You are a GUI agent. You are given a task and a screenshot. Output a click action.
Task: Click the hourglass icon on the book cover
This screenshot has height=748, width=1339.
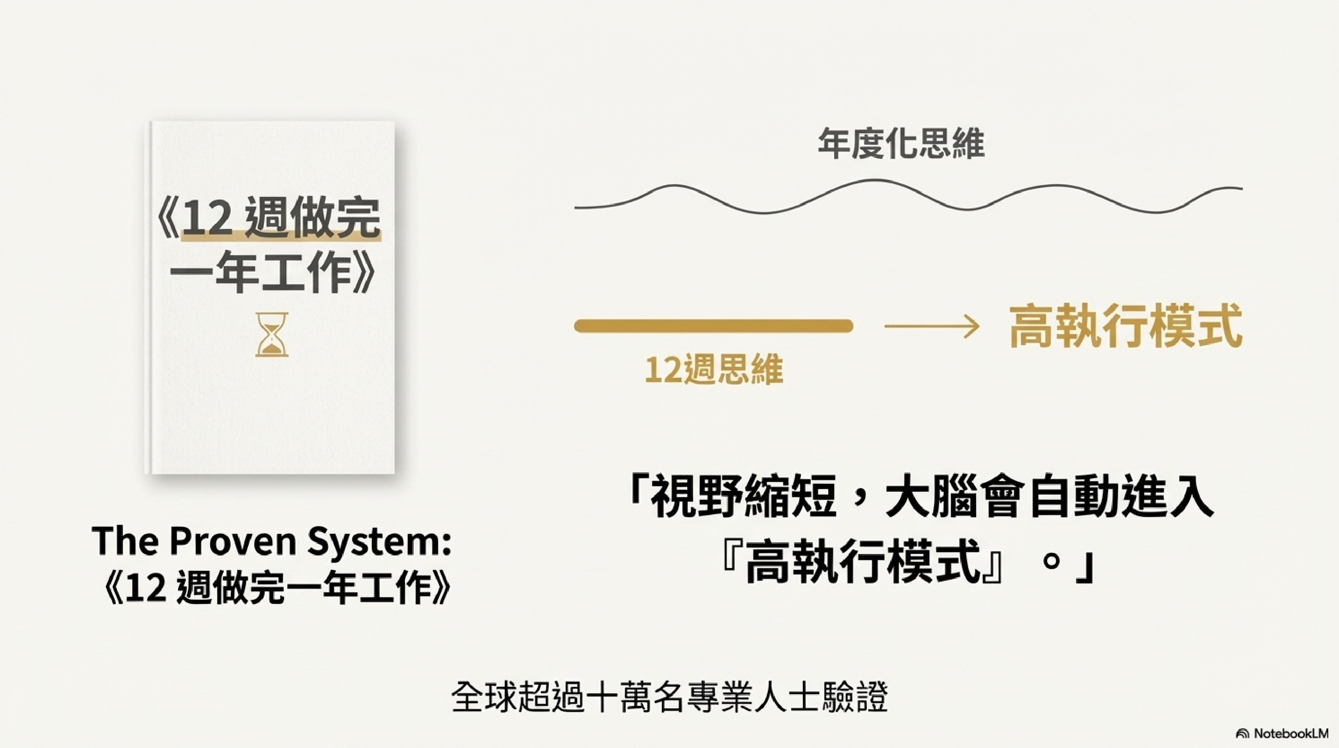(271, 334)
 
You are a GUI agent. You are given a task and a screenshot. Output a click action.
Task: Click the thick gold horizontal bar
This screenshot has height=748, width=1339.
(713, 326)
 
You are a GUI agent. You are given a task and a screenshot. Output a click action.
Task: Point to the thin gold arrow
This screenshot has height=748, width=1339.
(931, 327)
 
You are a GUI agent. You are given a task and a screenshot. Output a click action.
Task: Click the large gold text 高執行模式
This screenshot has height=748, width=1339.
(1126, 326)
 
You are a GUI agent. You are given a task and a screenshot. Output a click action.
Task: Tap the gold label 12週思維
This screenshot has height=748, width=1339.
(714, 370)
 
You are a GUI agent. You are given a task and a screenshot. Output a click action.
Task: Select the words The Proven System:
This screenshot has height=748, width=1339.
(271, 541)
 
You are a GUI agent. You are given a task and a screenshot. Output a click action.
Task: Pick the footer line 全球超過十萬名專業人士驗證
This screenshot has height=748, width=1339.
(670, 698)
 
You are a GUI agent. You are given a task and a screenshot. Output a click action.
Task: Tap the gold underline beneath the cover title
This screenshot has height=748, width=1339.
(281, 237)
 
